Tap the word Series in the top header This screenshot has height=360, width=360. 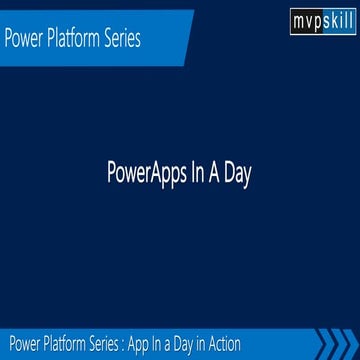click(x=128, y=41)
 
